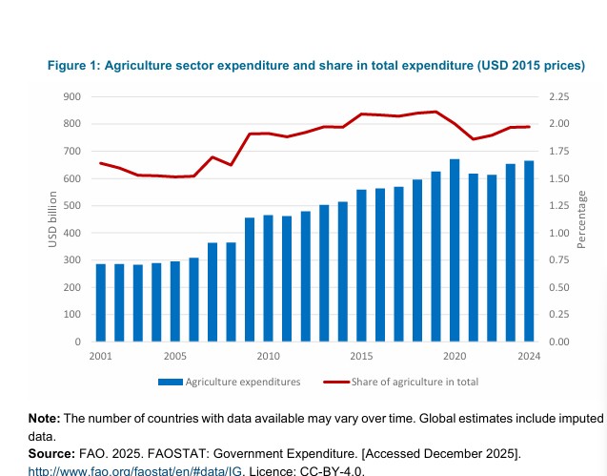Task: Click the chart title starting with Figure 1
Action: [315, 65]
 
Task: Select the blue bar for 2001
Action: [100, 302]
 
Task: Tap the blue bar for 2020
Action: [455, 250]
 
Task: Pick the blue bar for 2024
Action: [529, 251]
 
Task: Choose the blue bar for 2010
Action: [268, 279]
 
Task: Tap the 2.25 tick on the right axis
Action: [559, 96]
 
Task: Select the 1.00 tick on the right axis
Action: [559, 233]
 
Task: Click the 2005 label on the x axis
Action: [174, 356]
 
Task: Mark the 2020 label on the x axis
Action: [455, 356]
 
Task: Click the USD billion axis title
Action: [53, 219]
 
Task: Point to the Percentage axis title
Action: [582, 219]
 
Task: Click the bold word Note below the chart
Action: [44, 419]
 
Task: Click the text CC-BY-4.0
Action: [334, 469]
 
